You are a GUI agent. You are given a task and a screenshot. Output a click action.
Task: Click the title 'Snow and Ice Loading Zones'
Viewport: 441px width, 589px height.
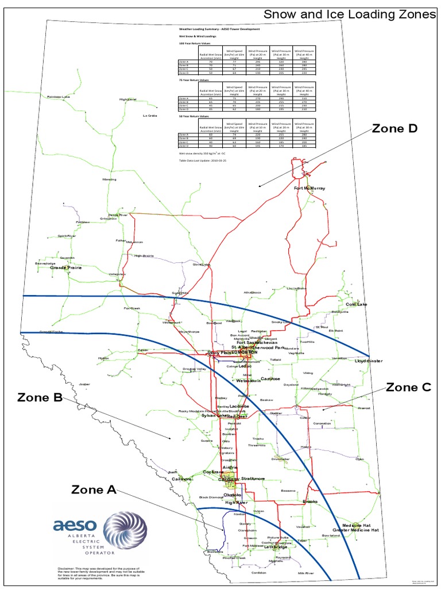(x=350, y=14)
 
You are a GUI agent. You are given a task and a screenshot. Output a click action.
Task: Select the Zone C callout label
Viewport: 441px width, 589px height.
(x=408, y=387)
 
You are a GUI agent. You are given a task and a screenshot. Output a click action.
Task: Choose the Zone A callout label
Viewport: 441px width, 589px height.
(x=94, y=489)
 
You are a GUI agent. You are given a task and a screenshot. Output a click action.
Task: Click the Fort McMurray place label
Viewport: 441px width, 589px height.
(x=310, y=188)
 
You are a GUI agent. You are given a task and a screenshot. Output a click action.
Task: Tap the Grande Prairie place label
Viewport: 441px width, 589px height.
(x=66, y=267)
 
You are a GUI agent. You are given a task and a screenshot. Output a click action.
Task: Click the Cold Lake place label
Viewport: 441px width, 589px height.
(x=357, y=304)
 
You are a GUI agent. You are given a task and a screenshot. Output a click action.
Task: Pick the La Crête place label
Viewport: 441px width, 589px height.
(x=149, y=116)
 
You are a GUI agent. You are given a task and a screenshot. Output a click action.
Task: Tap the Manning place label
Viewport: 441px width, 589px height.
(x=109, y=179)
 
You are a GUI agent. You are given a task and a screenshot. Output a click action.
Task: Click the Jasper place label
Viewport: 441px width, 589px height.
(x=85, y=384)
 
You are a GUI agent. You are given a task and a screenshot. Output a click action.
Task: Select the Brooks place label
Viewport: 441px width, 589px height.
(x=310, y=502)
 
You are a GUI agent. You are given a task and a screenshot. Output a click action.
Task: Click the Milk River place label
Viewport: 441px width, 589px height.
(x=306, y=573)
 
